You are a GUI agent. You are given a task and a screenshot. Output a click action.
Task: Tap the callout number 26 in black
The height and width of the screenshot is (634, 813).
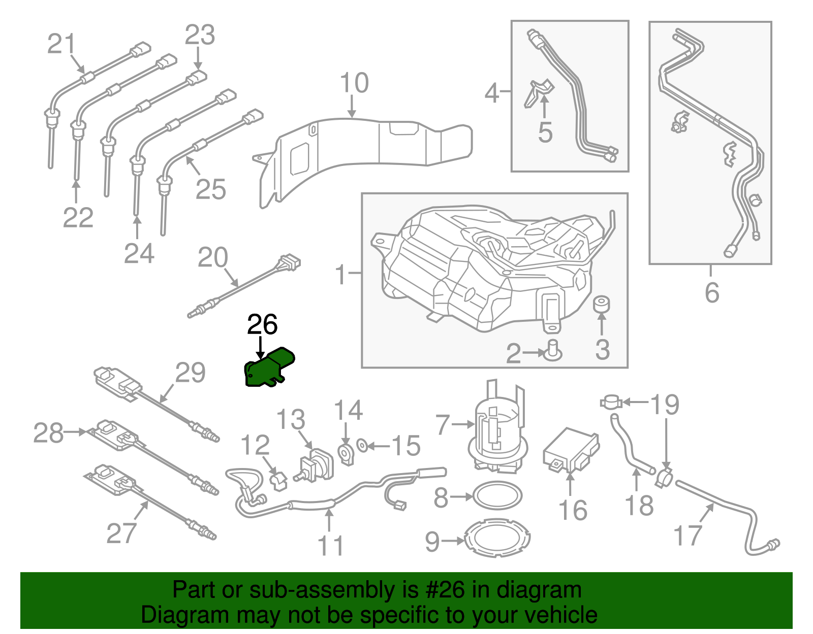[x=262, y=325]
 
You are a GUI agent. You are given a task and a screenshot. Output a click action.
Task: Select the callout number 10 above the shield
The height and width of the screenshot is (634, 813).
[x=354, y=83]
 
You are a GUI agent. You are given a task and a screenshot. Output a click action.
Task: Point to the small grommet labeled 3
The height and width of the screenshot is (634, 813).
[x=602, y=304]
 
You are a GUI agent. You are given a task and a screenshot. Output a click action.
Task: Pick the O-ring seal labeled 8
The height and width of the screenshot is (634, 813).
[x=497, y=495]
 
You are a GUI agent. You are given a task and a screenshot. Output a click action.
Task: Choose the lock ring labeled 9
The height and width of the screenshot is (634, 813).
[x=497, y=538]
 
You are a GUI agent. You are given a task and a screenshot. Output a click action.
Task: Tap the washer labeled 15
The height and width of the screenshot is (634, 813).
[x=362, y=446]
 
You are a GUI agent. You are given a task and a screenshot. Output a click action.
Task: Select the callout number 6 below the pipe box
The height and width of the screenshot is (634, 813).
[x=711, y=293]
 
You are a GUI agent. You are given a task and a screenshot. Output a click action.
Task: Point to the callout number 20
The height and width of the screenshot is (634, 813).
[x=212, y=257]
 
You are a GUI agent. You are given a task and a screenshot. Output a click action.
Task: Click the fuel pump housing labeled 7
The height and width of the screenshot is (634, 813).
[x=497, y=426]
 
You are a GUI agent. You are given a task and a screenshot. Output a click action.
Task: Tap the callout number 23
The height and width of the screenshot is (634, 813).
[x=200, y=36]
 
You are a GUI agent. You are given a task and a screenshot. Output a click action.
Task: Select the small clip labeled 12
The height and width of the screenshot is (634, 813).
[x=278, y=480]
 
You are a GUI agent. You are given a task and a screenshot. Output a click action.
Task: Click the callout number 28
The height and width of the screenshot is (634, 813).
[x=48, y=433]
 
